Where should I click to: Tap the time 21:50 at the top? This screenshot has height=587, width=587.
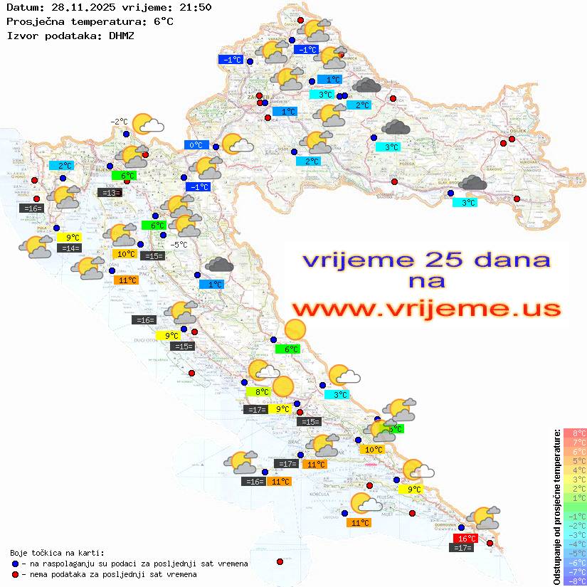pos(196,7)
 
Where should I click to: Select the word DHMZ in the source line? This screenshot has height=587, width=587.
pos(122,35)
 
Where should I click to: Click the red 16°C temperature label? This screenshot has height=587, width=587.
pos(465,539)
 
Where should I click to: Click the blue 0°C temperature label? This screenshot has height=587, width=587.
pos(196,145)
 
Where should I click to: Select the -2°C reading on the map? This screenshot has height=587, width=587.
pos(119,122)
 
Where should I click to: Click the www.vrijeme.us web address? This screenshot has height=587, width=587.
pos(425,308)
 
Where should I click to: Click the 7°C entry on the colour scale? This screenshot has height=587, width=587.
pos(575,443)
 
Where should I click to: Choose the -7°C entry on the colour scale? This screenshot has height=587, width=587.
pos(575,571)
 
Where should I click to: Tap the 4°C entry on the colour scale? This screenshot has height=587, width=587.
pos(575,470)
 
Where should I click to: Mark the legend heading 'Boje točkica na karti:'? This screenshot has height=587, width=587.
pos(57,553)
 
